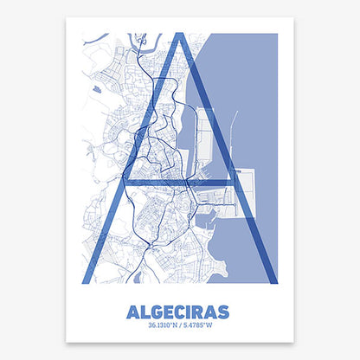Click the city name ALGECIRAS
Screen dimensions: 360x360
point(179,309)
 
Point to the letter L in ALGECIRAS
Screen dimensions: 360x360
point(145,309)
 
